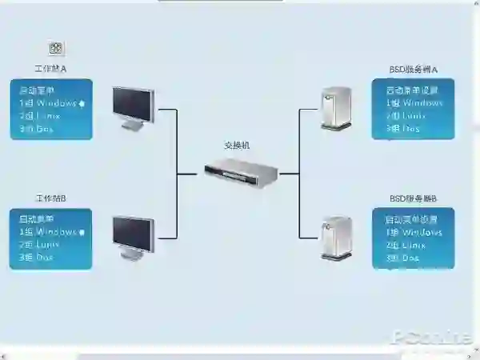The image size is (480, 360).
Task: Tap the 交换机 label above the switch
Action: click(x=237, y=146)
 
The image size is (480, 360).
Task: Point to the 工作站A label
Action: click(x=50, y=70)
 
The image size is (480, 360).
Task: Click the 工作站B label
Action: click(x=50, y=198)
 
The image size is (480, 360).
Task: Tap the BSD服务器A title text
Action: click(x=414, y=70)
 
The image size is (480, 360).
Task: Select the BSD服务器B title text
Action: click(x=414, y=198)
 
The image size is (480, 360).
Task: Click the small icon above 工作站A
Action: click(x=56, y=49)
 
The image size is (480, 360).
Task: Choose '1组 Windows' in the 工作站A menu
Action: click(x=47, y=103)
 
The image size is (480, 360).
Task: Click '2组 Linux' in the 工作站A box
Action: click(x=39, y=116)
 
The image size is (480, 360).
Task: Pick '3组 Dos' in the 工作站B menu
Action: click(x=36, y=258)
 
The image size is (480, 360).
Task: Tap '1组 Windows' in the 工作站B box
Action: click(x=47, y=232)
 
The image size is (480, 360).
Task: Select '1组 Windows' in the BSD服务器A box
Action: click(x=414, y=103)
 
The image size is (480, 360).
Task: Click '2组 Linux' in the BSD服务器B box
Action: click(x=406, y=245)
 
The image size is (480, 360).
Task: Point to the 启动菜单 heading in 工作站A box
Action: click(x=37, y=90)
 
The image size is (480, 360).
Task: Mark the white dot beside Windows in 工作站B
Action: click(x=82, y=232)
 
